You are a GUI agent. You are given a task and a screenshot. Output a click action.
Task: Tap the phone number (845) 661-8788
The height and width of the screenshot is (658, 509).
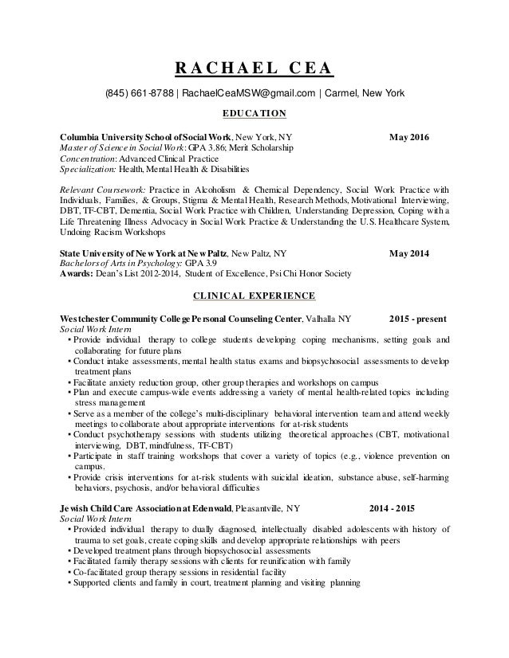[x=140, y=95]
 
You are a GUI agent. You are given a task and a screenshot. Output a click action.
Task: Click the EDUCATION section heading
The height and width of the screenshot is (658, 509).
[x=254, y=115]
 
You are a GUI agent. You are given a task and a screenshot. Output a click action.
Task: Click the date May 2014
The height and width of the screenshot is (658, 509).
[x=408, y=255]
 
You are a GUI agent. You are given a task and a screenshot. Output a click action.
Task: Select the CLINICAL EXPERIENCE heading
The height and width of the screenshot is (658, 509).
[x=254, y=297]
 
